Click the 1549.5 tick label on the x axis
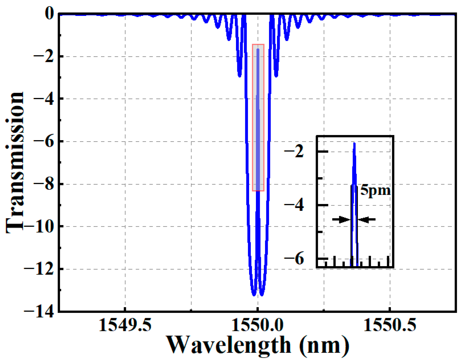point(125,326)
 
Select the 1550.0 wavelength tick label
point(258,326)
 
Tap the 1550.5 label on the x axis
point(390,326)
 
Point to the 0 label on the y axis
point(50,13)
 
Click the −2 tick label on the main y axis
point(44,56)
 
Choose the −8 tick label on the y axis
point(44,184)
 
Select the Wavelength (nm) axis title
point(258,345)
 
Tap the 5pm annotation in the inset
point(375,190)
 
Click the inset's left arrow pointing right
point(341,219)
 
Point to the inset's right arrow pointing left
point(367,219)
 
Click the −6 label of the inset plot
point(294,259)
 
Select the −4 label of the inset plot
point(294,205)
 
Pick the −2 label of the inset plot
point(294,151)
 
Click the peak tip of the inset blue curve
point(354,144)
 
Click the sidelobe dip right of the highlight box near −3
point(276,76)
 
